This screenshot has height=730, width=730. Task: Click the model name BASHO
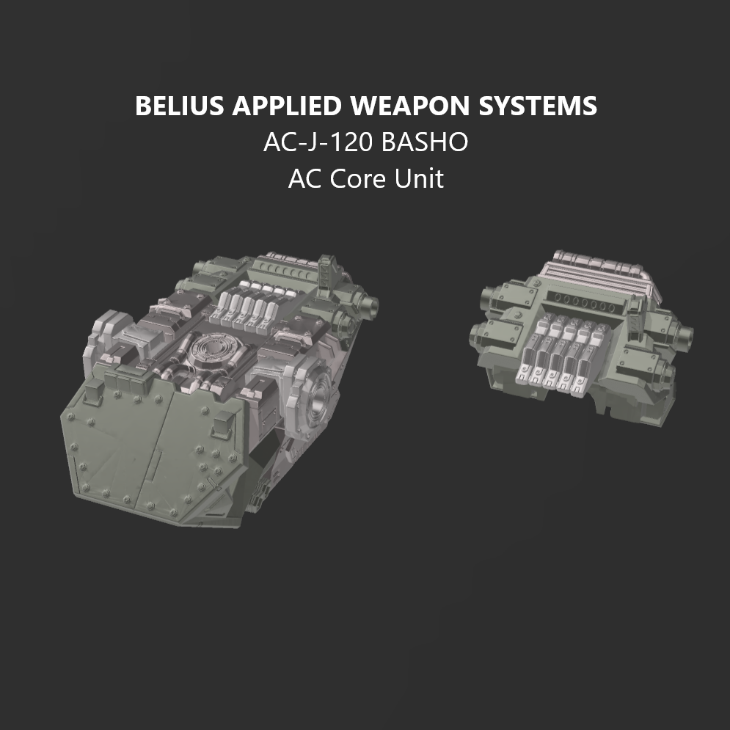pos(425,142)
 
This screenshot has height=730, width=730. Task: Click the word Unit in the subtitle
pos(420,178)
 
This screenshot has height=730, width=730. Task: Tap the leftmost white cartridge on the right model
pos(528,363)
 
